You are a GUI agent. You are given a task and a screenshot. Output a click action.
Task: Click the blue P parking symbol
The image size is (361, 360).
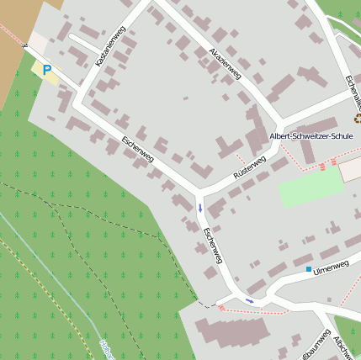point(47,71)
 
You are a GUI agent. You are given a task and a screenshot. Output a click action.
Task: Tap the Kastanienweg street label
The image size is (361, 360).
point(110,46)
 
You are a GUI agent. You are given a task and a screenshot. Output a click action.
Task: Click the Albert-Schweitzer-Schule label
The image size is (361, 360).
point(311,135)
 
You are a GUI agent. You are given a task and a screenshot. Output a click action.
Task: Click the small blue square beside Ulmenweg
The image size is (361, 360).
point(309,269)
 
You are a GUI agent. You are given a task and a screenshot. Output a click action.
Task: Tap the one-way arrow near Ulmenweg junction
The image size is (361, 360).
point(249,300)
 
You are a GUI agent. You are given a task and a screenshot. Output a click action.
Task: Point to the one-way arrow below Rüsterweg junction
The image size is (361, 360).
point(200,206)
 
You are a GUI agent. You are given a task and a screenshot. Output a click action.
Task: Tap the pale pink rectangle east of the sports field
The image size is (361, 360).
point(351,170)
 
